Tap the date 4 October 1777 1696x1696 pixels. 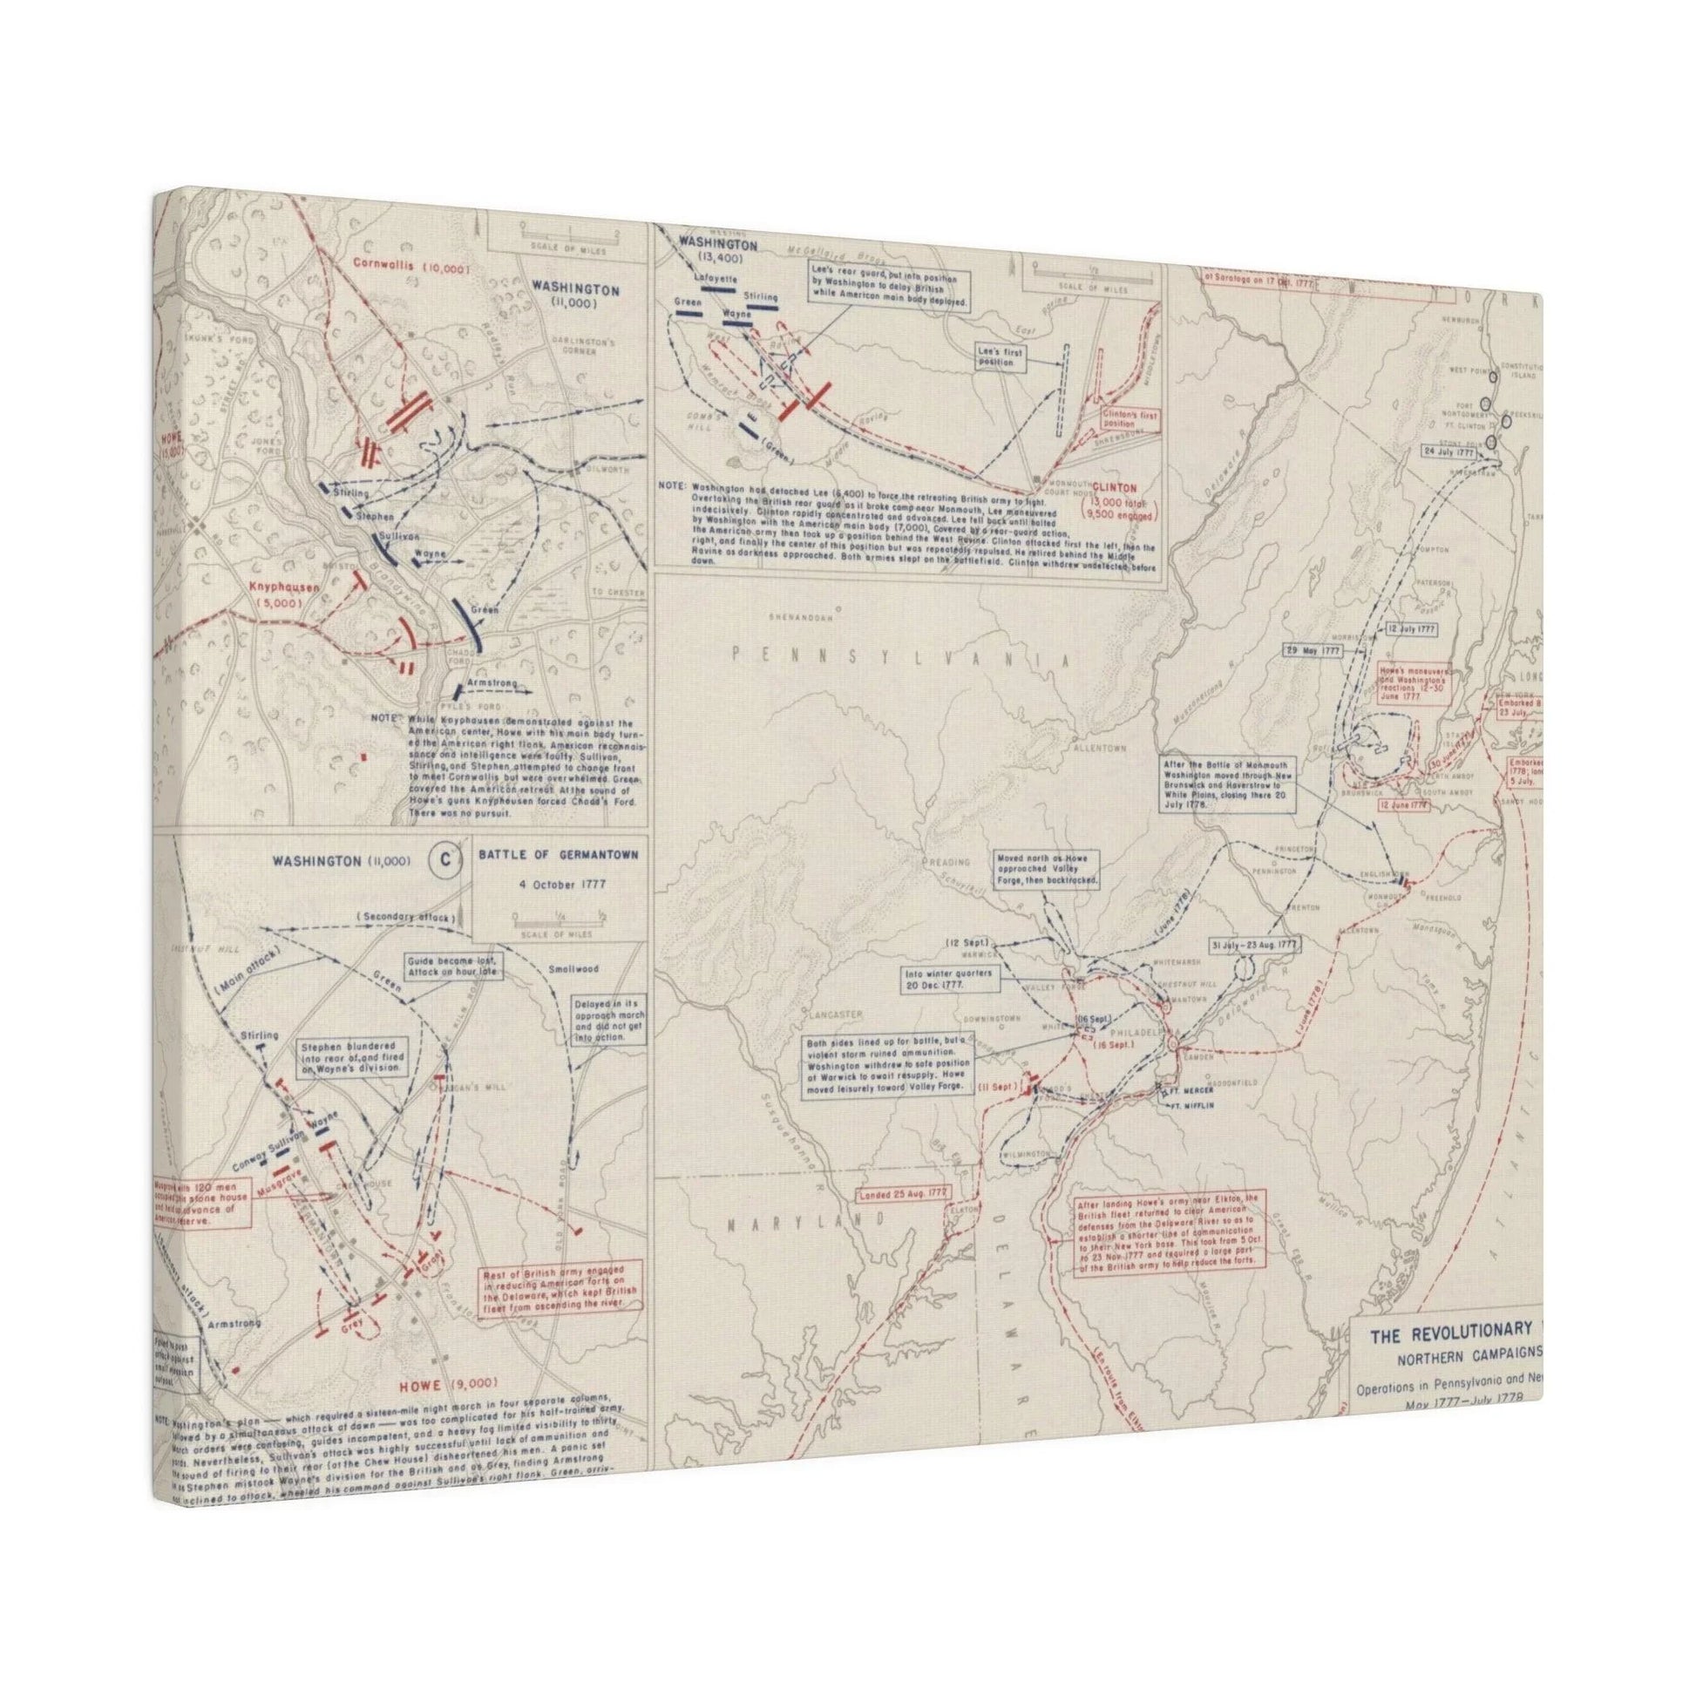click(x=557, y=884)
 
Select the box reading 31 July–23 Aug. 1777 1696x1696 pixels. click(x=1252, y=945)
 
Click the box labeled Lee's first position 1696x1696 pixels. click(x=1003, y=355)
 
